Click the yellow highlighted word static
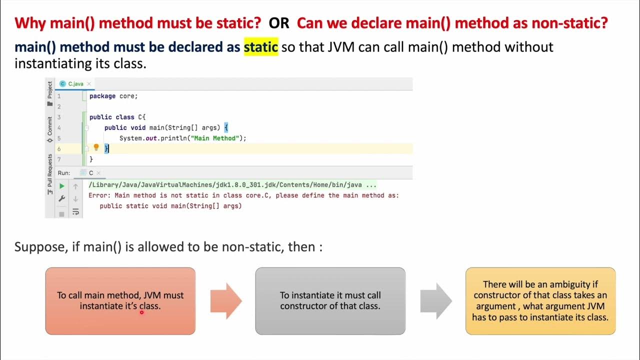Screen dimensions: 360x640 (260, 47)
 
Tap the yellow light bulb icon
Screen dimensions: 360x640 (96, 147)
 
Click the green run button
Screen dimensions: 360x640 (62, 186)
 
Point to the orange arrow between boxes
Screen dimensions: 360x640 (226, 301)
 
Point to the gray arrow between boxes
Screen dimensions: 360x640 (436, 301)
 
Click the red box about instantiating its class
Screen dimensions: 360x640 (120, 301)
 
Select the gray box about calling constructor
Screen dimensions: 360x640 (330, 301)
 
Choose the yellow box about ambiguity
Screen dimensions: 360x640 (540, 301)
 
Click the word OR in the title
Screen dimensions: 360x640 (278, 22)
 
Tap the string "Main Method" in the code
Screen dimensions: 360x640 (218, 138)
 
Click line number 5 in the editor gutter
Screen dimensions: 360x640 (59, 138)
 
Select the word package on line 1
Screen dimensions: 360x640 (102, 96)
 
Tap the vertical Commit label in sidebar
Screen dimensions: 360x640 (49, 129)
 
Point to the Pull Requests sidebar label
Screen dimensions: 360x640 (49, 170)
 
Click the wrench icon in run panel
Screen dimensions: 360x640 (62, 198)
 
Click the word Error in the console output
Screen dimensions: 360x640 (99, 195)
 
